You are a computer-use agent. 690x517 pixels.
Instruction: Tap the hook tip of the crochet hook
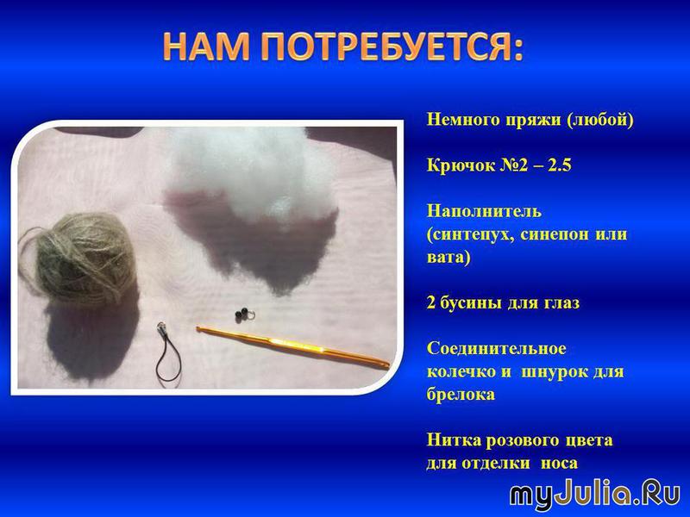(199, 328)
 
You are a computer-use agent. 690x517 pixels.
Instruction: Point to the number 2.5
(559, 165)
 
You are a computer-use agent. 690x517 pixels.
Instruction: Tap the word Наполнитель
(484, 211)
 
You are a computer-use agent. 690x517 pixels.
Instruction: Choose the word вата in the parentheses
(446, 257)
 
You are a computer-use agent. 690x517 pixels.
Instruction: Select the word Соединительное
(497, 348)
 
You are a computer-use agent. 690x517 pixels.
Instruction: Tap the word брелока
(461, 395)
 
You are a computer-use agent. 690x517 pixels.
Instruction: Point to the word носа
(559, 464)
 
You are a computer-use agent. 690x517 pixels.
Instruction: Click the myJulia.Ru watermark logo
(595, 495)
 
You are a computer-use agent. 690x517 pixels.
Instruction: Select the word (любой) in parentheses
(600, 120)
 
